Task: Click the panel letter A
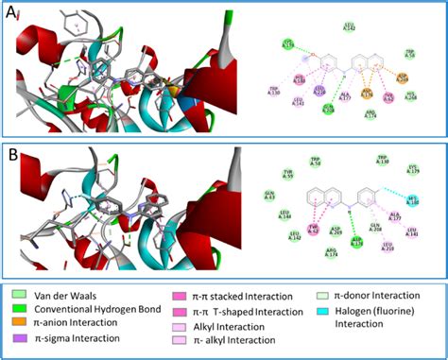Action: (x=12, y=11)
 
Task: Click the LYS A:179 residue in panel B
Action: (x=413, y=170)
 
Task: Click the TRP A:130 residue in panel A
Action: (x=274, y=91)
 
